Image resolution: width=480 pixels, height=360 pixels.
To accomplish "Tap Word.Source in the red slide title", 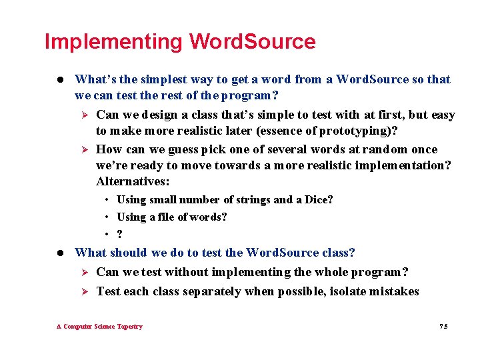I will click(x=252, y=42).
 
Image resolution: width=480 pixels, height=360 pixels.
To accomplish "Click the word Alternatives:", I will click(x=133, y=181).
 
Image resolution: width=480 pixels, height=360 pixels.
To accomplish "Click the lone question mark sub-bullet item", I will click(x=119, y=234).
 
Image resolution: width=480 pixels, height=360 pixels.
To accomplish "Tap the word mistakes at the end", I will click(x=394, y=291).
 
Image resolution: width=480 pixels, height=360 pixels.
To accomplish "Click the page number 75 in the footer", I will click(x=444, y=327).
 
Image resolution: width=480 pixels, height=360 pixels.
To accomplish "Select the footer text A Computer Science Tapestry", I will click(x=99, y=327).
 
